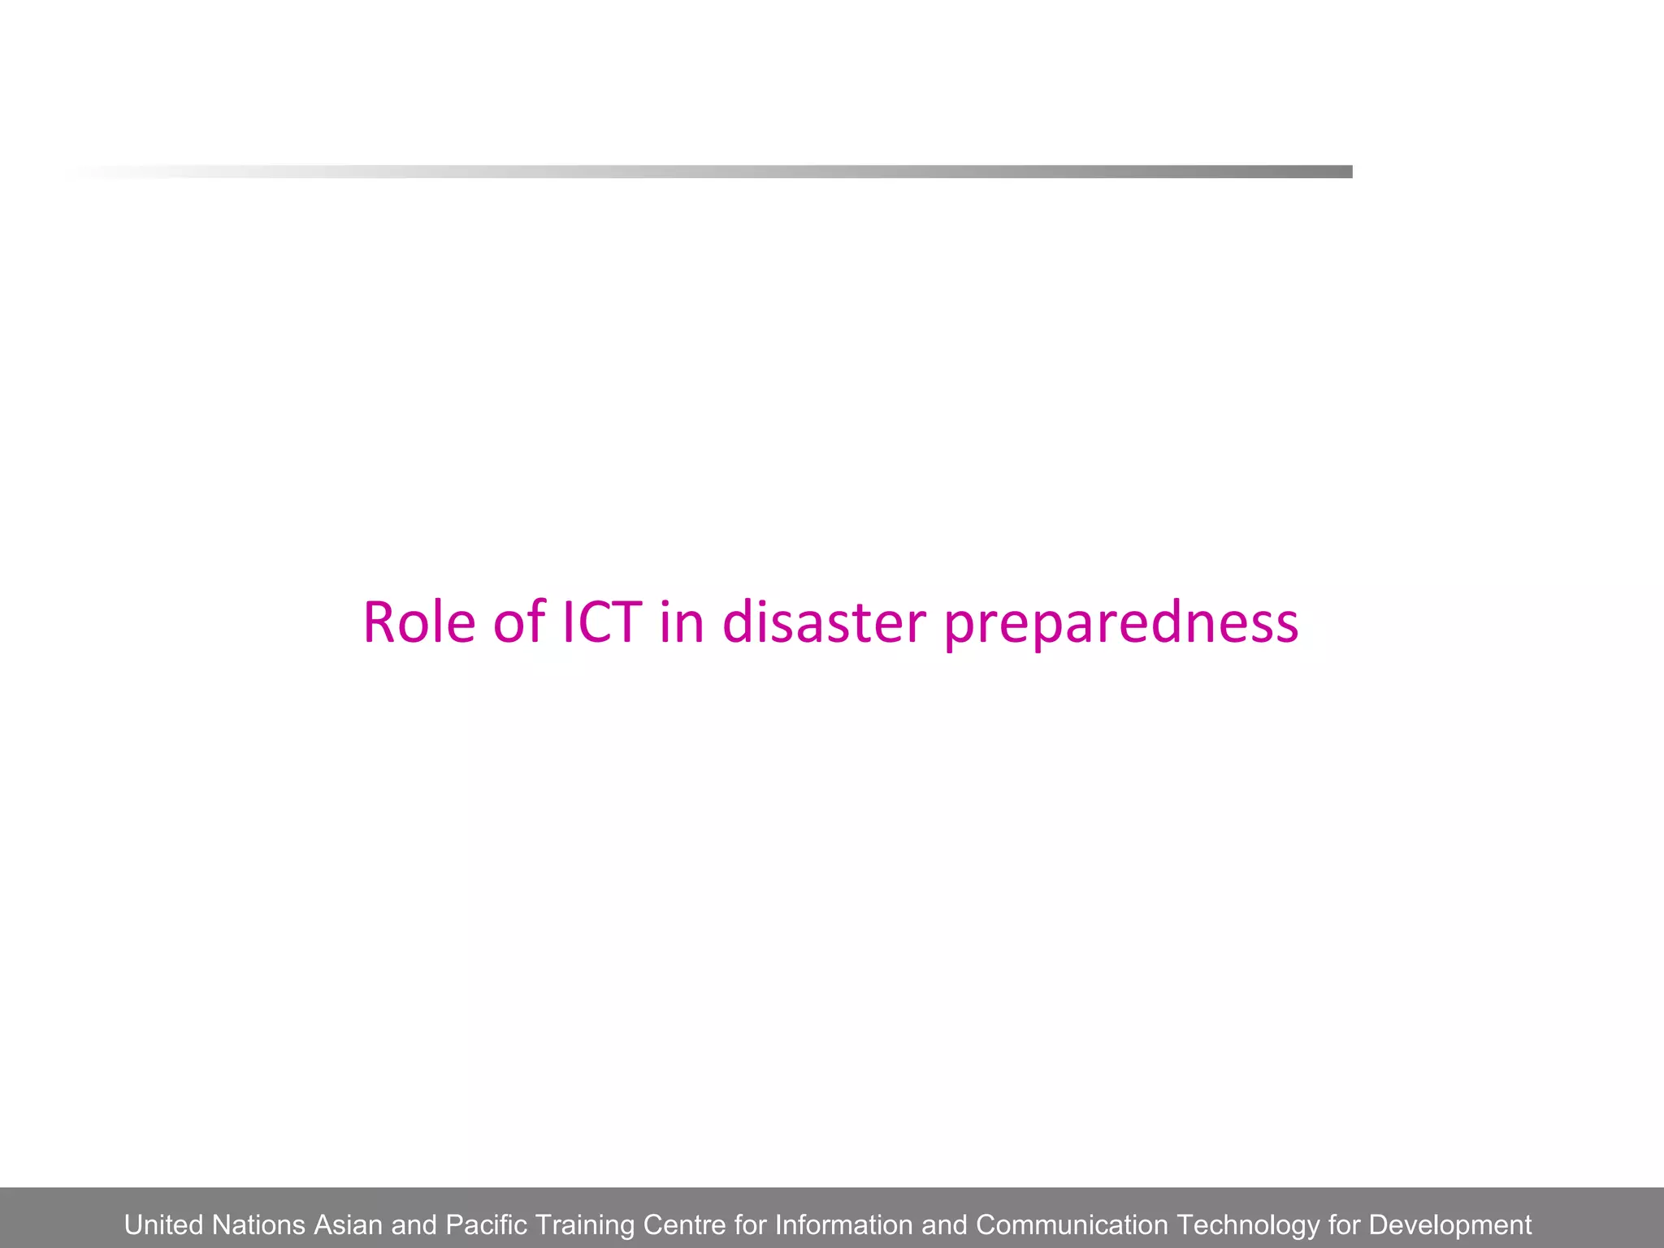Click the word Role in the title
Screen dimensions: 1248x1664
pos(418,622)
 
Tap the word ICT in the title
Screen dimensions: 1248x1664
pos(602,622)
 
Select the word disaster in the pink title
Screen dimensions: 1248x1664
pos(824,622)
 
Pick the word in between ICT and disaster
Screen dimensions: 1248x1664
pos(681,622)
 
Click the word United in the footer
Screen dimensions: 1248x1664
pos(163,1224)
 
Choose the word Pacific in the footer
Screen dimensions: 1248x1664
pos(487,1224)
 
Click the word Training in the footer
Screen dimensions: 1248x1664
pos(585,1224)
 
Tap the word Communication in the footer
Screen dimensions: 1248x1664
pos(1072,1224)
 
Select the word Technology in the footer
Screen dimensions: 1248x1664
pos(1248,1224)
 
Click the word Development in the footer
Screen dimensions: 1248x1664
pos(1450,1224)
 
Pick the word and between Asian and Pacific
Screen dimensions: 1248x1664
pos(414,1224)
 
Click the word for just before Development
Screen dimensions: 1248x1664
pos(1345,1224)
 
